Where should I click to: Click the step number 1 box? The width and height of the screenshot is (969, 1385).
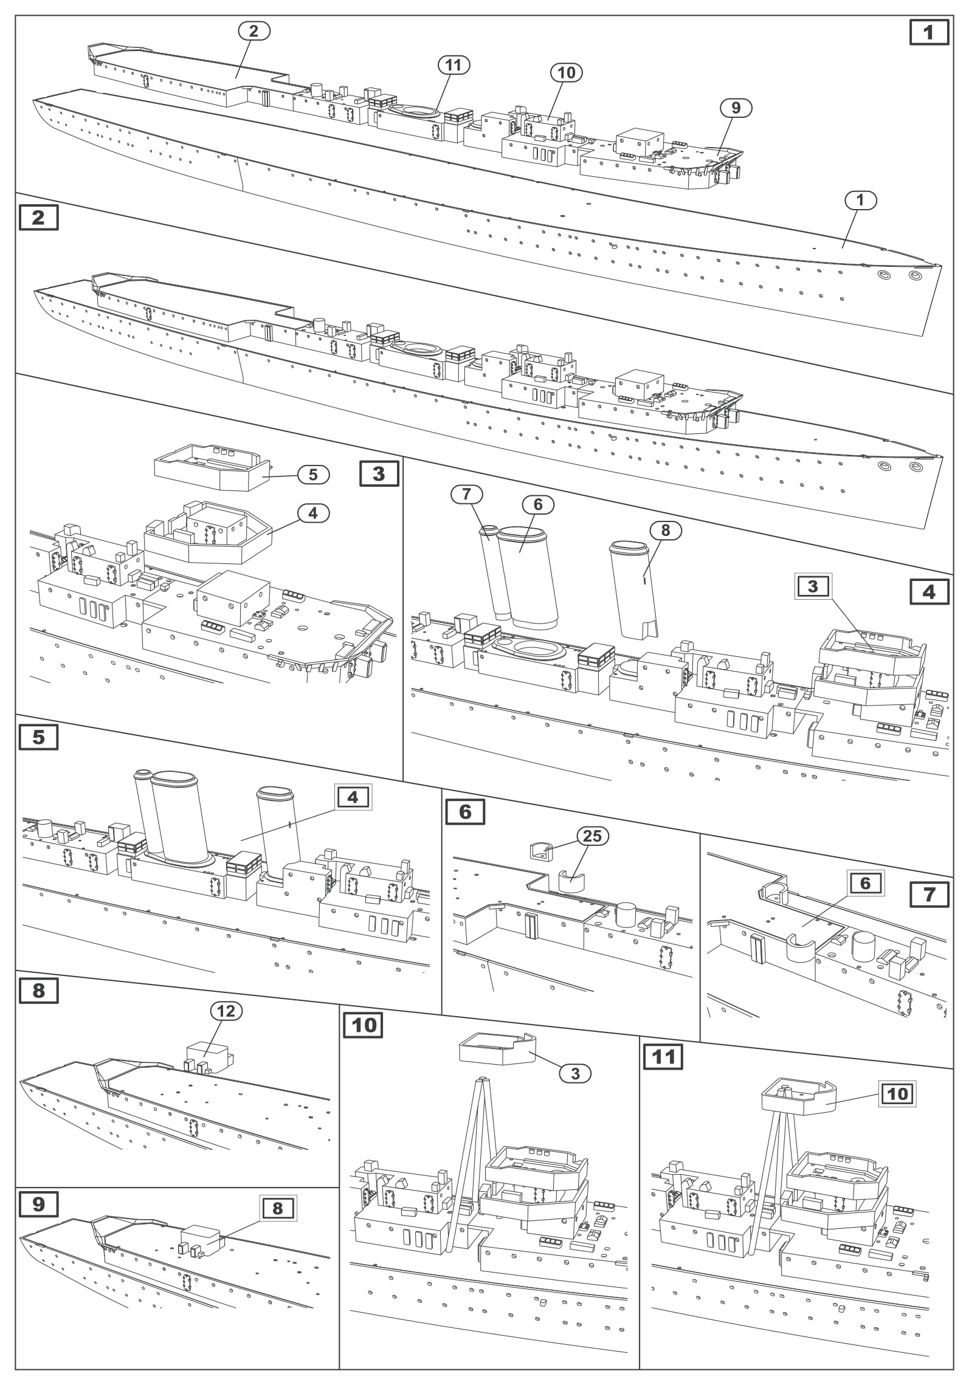click(928, 32)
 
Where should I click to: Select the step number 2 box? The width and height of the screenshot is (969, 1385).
click(38, 218)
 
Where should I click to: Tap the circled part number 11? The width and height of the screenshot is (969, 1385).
click(454, 66)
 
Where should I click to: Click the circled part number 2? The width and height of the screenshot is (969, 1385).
click(253, 32)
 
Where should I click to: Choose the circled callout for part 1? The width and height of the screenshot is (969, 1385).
click(860, 200)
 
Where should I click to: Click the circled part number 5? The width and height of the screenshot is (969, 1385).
click(313, 475)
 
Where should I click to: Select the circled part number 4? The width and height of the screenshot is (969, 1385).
click(313, 513)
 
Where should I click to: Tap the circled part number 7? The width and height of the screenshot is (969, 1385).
click(466, 495)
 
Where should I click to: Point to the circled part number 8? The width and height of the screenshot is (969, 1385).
click(665, 530)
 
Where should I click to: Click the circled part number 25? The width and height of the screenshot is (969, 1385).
click(592, 836)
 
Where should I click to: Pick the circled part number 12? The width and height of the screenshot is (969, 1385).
click(226, 1010)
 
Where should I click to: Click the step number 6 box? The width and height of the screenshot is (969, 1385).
click(465, 811)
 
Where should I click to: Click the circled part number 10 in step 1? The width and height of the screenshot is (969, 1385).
click(565, 72)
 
